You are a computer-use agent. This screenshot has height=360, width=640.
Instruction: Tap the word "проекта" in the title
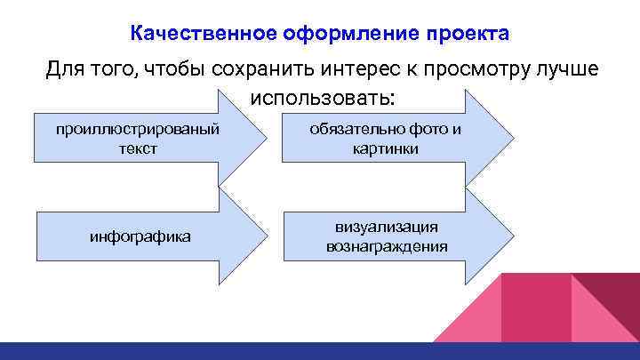pyautogui.click(x=468, y=34)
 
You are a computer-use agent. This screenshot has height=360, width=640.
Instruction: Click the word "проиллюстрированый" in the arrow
pyautogui.click(x=138, y=130)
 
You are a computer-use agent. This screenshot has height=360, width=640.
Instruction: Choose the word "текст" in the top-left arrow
pyautogui.click(x=138, y=148)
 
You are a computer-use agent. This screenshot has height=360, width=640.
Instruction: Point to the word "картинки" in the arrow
pyautogui.click(x=385, y=148)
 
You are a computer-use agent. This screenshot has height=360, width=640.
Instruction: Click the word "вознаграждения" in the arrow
pyautogui.click(x=385, y=246)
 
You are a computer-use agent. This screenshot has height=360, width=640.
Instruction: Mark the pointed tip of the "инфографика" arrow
pyautogui.click(x=268, y=237)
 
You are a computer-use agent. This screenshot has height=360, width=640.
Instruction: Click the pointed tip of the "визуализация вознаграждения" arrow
pyautogui.click(x=513, y=236)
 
